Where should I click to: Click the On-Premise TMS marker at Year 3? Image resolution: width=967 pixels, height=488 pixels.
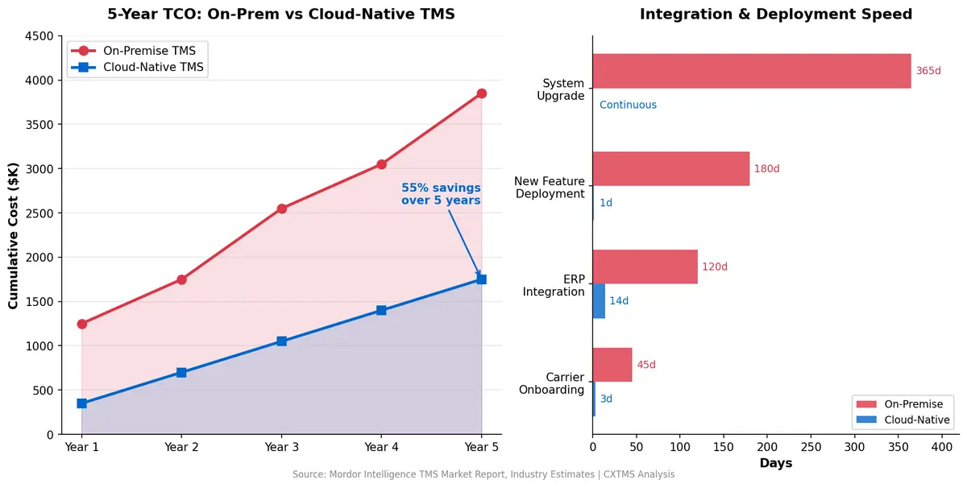tap(281, 209)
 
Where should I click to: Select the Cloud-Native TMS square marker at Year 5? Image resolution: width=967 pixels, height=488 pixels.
tap(481, 279)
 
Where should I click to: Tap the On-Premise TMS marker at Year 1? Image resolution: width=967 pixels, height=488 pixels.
tap(82, 324)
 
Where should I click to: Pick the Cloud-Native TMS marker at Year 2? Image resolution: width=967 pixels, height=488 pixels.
tap(181, 373)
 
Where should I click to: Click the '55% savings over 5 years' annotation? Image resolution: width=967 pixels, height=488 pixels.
tap(441, 194)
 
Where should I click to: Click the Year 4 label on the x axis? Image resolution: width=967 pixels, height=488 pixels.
tap(381, 447)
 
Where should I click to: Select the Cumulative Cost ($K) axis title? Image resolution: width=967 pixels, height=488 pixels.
tap(13, 235)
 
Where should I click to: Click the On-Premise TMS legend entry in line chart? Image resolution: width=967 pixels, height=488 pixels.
tap(137, 51)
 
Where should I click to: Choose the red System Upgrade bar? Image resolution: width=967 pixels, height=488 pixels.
tap(751, 71)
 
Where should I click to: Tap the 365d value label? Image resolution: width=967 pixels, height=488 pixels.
tap(928, 71)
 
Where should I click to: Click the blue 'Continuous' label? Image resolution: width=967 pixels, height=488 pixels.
tap(628, 105)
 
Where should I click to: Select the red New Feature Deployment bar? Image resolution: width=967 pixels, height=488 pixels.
tap(670, 169)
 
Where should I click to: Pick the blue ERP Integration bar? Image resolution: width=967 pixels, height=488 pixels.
tap(599, 301)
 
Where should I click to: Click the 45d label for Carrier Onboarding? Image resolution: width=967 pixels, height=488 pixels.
tap(646, 365)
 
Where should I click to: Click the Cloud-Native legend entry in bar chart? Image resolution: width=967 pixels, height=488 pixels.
tap(903, 420)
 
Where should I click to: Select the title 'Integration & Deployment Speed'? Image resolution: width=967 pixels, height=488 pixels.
tap(775, 14)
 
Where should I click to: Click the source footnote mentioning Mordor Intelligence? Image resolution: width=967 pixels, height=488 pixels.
tap(483, 475)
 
